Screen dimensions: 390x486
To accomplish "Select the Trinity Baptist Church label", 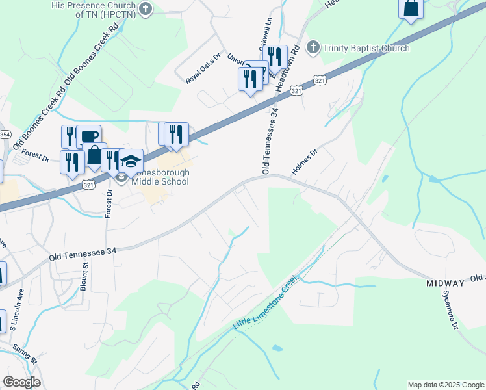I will point(367,48).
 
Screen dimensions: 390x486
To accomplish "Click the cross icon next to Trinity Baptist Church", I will point(313,47).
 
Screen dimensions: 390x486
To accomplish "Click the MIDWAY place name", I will point(445,284).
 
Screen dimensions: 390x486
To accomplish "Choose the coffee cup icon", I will point(89,136).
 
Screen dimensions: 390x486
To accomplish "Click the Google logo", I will point(21,382).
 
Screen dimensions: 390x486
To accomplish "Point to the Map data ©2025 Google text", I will point(445,385).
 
